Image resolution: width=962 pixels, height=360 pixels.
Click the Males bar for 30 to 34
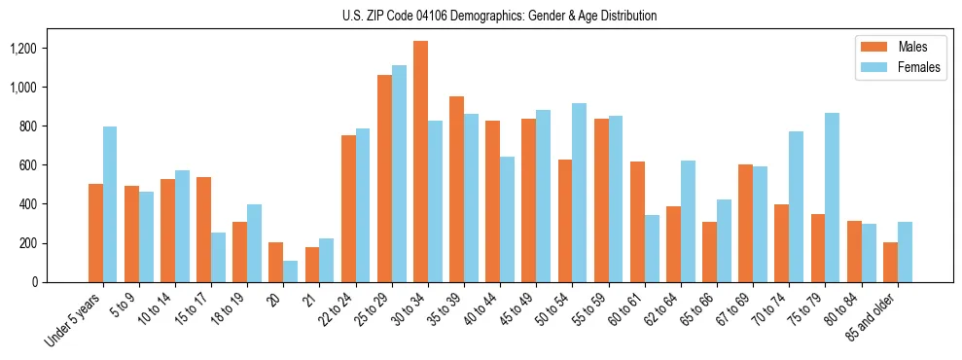tap(420, 162)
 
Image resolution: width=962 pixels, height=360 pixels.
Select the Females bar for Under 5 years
tap(110, 204)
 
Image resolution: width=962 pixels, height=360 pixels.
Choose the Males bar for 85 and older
tap(890, 262)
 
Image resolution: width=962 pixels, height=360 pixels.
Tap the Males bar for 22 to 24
tap(348, 208)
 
